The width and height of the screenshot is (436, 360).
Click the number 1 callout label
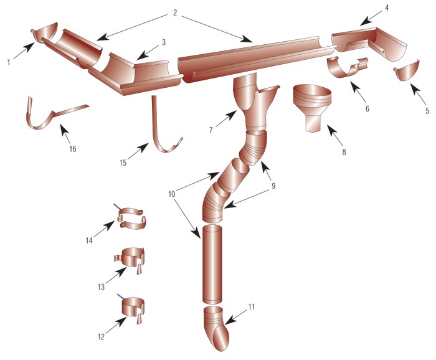click(9, 62)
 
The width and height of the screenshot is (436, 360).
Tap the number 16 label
click(73, 149)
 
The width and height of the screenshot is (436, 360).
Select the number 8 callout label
click(344, 152)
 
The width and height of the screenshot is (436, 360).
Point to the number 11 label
click(252, 307)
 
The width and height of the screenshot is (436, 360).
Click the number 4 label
click(387, 7)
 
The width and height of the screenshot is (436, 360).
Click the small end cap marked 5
click(407, 70)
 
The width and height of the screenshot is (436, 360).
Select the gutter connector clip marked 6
click(348, 67)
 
